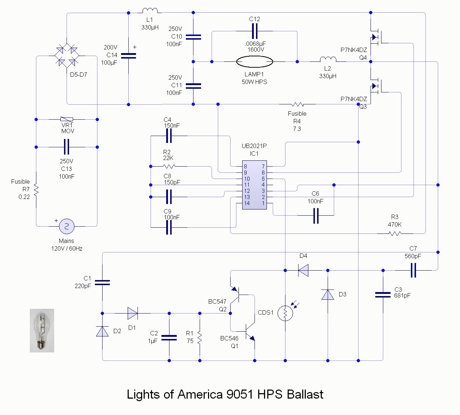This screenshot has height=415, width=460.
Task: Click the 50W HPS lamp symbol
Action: pyautogui.click(x=255, y=61)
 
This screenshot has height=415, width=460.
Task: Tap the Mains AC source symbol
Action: pyautogui.click(x=67, y=226)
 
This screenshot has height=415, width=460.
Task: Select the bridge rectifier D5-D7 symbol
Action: pyautogui.click(x=67, y=56)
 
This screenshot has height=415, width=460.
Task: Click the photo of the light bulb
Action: pyautogui.click(x=42, y=331)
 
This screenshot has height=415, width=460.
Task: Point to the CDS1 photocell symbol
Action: pyautogui.click(x=285, y=313)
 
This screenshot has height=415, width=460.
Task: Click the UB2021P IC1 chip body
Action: pyautogui.click(x=255, y=185)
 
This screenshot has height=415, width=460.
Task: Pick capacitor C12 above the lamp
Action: pyautogui.click(x=255, y=31)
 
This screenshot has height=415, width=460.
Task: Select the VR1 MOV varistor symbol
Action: pyautogui.click(x=67, y=119)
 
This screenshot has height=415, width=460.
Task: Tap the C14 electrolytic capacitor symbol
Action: pyautogui.click(x=128, y=56)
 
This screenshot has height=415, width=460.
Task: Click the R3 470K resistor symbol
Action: pyautogui.click(x=395, y=234)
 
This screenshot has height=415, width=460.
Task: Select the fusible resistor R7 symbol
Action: pyautogui.click(x=36, y=189)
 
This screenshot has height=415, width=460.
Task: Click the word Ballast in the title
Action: pyautogui.click(x=305, y=395)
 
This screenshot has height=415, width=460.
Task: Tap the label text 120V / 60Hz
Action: pyautogui.click(x=67, y=249)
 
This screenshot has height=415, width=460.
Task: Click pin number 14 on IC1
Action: pyautogui.click(x=247, y=203)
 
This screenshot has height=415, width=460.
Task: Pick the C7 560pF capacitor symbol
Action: pyautogui.click(x=413, y=270)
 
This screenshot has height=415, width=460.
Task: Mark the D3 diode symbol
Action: pyautogui.click(x=328, y=294)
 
